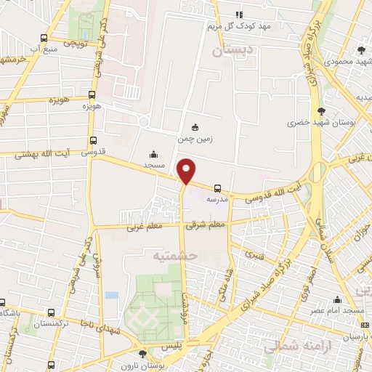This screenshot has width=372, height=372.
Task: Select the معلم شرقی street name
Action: (x=206, y=225)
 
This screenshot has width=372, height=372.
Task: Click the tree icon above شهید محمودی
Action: (x=362, y=49)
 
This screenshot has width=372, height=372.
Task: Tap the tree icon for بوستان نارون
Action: (x=142, y=354)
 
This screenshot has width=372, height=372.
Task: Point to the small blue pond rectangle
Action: (x=111, y=296)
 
